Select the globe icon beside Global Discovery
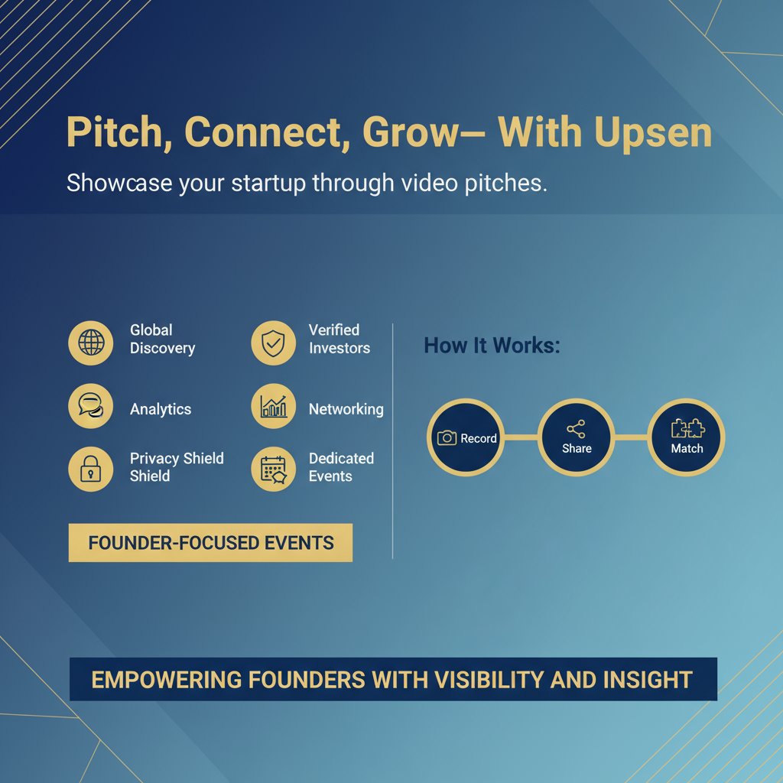pos(91,342)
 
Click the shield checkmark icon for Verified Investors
pos(273,342)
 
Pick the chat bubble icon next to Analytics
pos(91,406)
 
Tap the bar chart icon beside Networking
pos(273,406)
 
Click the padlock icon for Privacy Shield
pos(91,468)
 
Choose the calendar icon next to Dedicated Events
pos(273,468)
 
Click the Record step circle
pos(466,437)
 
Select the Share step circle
pos(576,437)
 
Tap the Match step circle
pos(686,437)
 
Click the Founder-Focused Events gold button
pos(210,543)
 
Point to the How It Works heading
pos(492,346)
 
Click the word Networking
pos(346,409)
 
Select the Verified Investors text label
pos(339,339)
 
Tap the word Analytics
pos(161,409)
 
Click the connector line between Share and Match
pos(631,437)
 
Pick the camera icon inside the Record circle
pos(447,438)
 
